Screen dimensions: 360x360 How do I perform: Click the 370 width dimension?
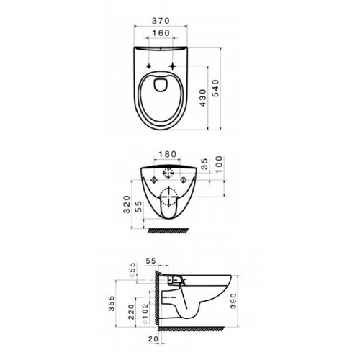point(161,21)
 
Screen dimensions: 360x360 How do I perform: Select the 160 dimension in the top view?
point(161,33)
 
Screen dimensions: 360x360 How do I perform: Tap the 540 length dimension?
point(216,89)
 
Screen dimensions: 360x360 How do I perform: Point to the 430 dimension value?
point(203,98)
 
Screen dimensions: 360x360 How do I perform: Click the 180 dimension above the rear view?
point(168,154)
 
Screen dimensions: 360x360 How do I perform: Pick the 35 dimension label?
point(204,164)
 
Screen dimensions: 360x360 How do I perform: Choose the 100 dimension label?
point(219,164)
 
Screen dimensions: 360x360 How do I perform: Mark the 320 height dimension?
point(127,204)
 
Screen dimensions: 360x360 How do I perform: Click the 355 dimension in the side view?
point(112,303)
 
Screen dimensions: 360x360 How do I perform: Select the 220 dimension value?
point(131,312)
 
